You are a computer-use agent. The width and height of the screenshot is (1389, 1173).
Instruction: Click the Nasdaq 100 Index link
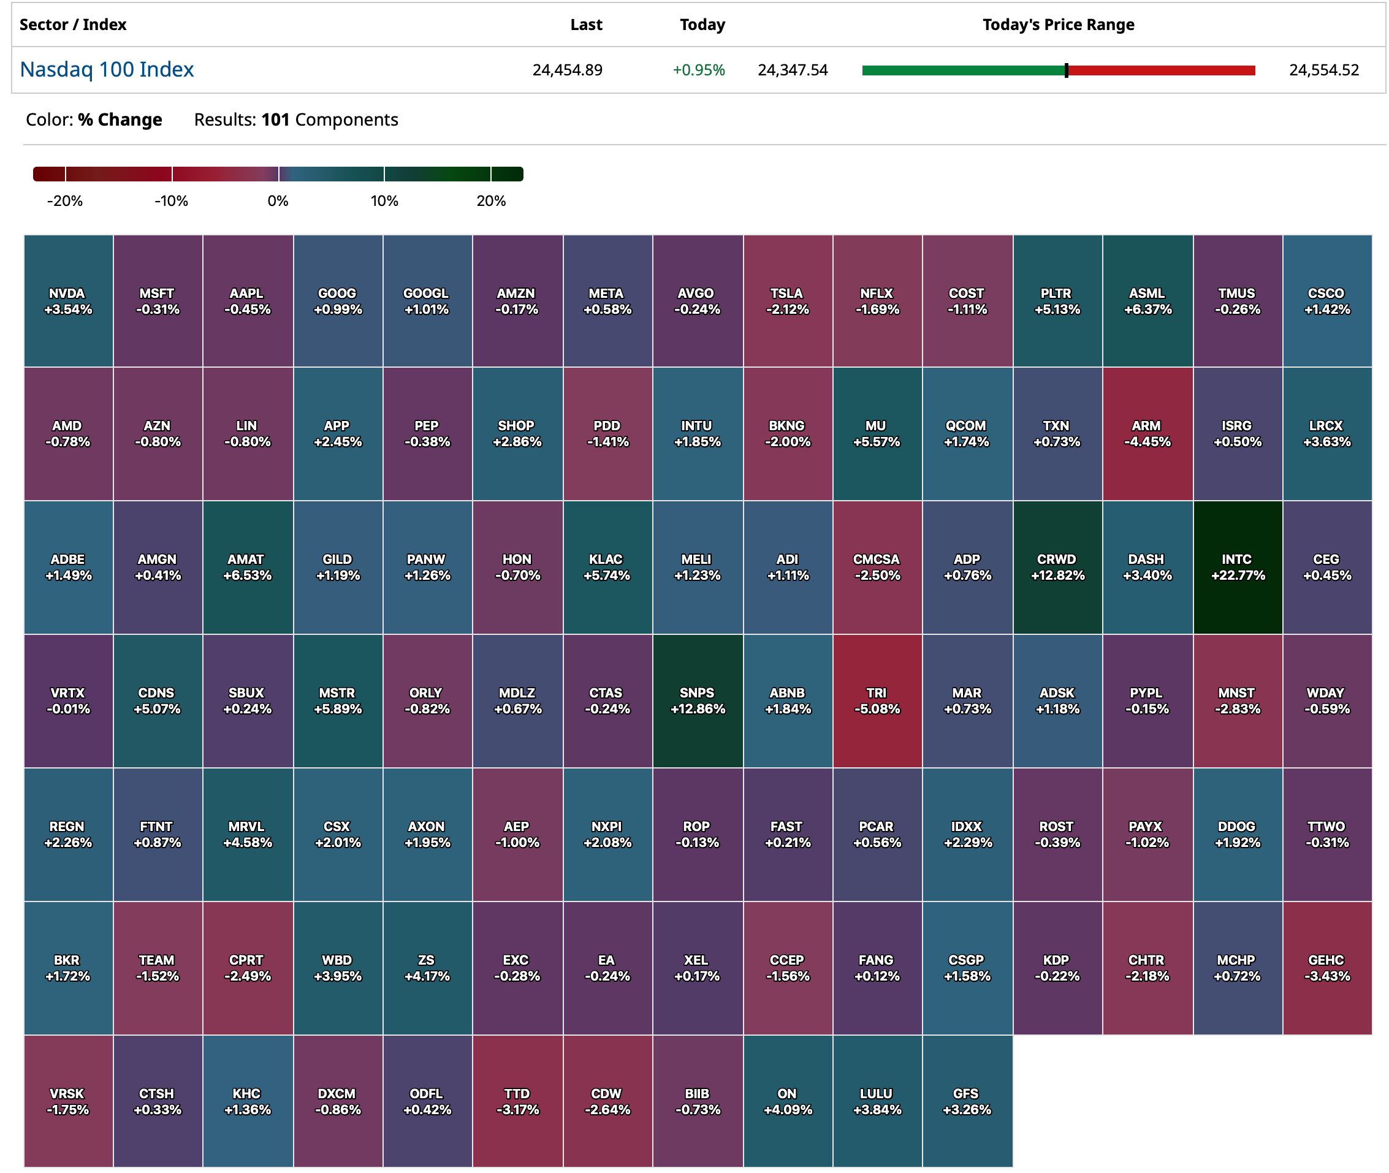pos(107,69)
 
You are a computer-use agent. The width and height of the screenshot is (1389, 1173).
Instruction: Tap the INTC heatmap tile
pos(1237,568)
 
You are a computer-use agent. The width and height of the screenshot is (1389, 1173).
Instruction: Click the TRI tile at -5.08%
pos(877,701)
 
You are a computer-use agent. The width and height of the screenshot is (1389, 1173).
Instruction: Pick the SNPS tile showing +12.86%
pos(697,701)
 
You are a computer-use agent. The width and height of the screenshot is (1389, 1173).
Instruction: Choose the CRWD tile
pos(1057,568)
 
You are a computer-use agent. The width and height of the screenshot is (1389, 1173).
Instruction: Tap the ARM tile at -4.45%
pos(1146,433)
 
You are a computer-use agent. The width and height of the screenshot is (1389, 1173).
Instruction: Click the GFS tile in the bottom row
pos(966,1101)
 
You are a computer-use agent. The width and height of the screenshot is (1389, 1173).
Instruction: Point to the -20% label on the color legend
pos(64,201)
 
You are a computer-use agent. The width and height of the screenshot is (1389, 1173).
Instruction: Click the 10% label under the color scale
pos(384,201)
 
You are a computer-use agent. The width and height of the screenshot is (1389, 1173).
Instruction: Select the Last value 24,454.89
pos(566,70)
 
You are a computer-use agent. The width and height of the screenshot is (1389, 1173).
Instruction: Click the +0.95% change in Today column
pos(698,70)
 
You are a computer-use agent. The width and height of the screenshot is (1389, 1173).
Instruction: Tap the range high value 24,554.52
pos(1323,70)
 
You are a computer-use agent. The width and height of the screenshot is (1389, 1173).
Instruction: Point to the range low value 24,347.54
pos(793,70)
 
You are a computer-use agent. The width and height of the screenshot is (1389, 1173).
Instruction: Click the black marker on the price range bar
pos(1066,70)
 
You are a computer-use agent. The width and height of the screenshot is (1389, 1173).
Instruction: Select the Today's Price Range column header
pos(1058,25)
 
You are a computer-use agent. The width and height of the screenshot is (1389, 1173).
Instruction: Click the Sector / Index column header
pos(72,25)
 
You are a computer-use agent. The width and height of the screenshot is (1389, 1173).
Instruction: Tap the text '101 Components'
pos(329,120)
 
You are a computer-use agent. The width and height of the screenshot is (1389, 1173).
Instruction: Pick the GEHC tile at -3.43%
pos(1326,968)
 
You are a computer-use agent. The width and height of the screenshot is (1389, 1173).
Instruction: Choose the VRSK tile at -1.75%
pos(68,1101)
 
